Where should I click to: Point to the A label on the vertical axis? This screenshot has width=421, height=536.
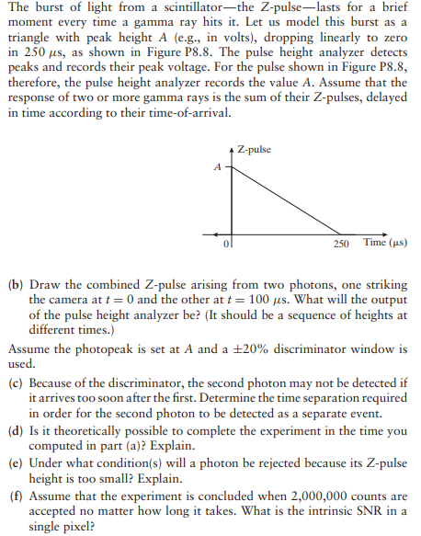217,167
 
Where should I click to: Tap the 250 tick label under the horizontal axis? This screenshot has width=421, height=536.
341,244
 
